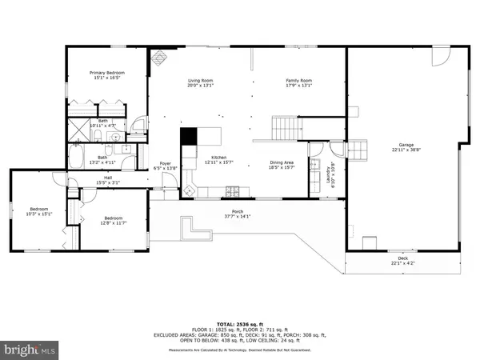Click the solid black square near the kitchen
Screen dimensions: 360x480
[x=188, y=137]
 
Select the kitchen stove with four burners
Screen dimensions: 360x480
[x=232, y=190]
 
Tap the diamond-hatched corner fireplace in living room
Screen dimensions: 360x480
[x=160, y=58]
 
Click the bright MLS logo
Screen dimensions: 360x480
[x=30, y=350]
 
